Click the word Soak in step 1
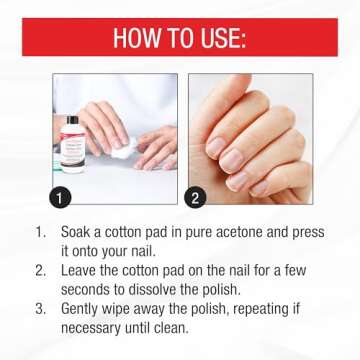(x=80, y=231)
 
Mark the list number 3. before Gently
(x=39, y=309)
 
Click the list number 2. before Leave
(x=39, y=270)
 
